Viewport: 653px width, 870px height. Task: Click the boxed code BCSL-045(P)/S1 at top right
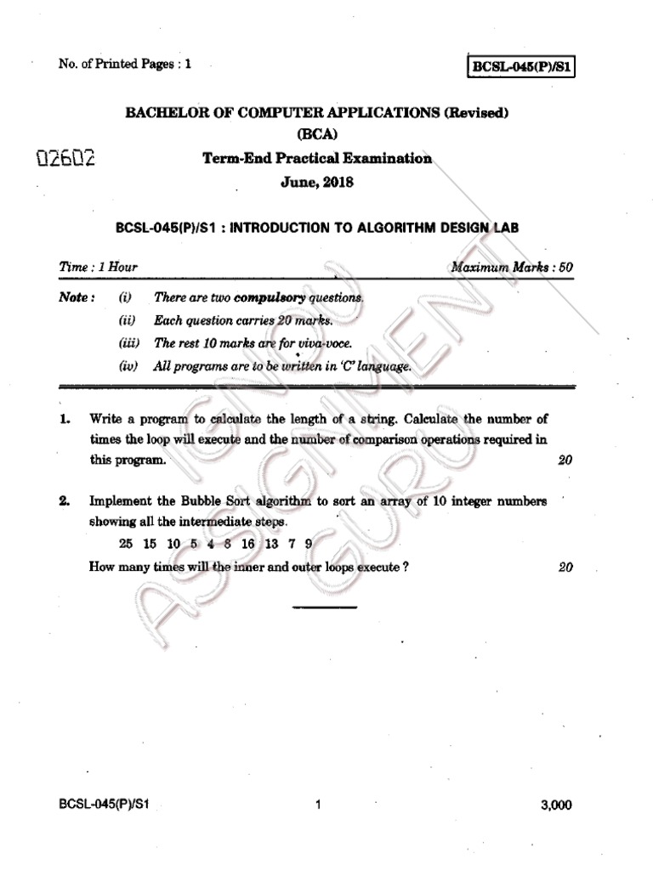point(521,65)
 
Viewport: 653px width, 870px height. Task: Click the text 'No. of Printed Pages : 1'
point(124,65)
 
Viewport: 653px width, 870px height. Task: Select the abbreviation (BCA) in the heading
point(317,134)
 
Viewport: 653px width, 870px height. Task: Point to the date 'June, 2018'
point(317,182)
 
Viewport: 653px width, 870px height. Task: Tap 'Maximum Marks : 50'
point(512,267)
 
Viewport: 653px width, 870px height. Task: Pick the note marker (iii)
point(128,344)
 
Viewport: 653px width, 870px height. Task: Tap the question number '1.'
point(65,420)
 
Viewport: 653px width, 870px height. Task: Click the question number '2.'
point(65,501)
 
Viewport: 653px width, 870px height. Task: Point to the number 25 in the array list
point(127,543)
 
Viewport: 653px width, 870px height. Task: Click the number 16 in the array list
point(247,543)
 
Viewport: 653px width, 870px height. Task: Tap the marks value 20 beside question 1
point(565,460)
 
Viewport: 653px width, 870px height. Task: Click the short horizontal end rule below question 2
point(325,607)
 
